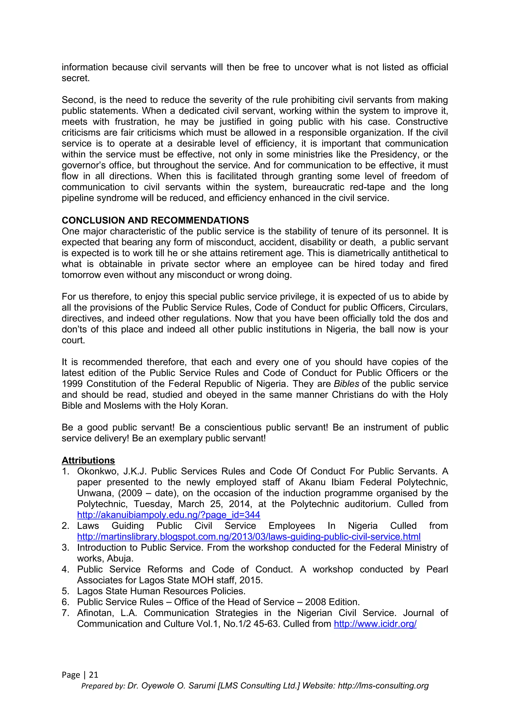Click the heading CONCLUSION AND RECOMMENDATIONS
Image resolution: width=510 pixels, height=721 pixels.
(x=155, y=220)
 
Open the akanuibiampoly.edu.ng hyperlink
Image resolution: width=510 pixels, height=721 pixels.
(x=169, y=515)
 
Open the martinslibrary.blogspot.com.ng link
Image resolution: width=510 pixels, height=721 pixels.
(x=249, y=537)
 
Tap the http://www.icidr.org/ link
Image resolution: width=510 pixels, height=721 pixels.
(x=375, y=624)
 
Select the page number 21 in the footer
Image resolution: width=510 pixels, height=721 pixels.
(x=94, y=675)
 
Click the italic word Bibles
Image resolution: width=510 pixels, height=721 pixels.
(x=346, y=384)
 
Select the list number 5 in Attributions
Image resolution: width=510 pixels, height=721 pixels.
(x=65, y=591)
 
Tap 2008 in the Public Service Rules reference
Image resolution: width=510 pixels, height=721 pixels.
(x=315, y=602)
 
